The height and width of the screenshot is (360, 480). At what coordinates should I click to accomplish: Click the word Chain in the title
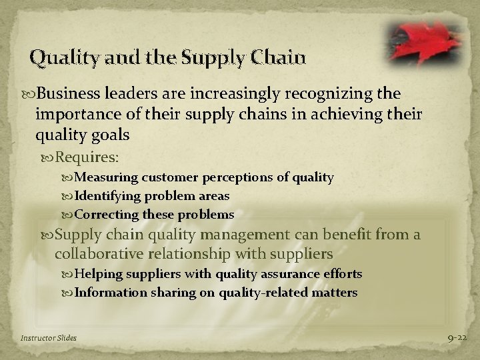(x=279, y=59)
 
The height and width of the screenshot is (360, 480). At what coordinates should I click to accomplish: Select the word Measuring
(x=104, y=177)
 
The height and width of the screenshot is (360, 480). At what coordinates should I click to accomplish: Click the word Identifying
(x=108, y=196)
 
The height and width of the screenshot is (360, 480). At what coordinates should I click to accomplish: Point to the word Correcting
(x=106, y=215)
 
